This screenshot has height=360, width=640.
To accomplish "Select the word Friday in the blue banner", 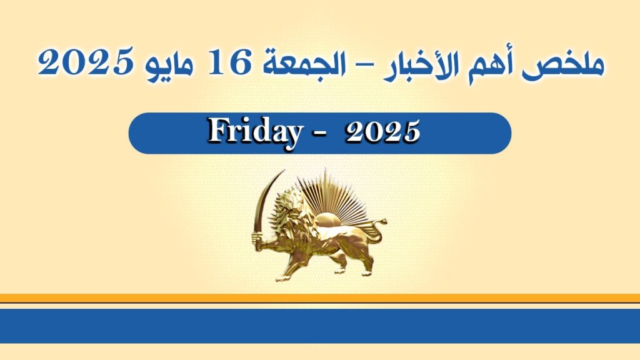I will click(253, 132).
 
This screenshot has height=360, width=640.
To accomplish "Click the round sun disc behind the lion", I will click(330, 221).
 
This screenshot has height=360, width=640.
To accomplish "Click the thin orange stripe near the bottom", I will click(320, 298).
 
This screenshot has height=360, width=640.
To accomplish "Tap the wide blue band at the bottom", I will click(320, 326).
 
